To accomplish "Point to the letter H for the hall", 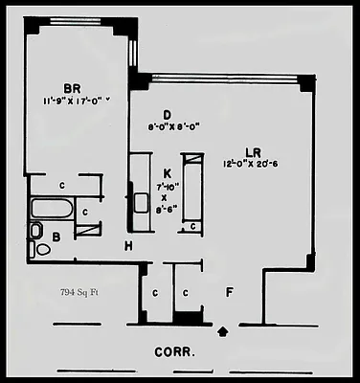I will pos(128,246).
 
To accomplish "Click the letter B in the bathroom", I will pos(57,235).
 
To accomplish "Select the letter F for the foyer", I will pos(228,288).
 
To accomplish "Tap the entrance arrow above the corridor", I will pos(224,332).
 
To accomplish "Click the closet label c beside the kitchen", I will pos(192,226).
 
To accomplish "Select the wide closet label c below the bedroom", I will pos(61,185).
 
